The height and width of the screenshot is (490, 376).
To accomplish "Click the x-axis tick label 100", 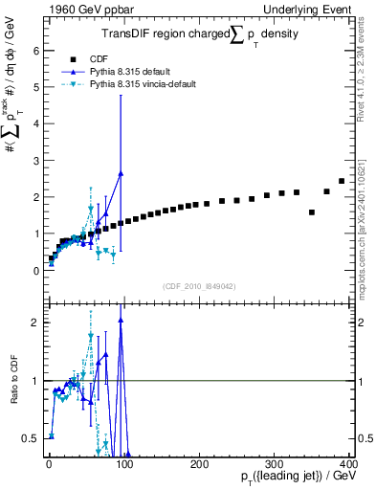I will tap(122, 462).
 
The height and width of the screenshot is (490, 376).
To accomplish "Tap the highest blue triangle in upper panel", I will tap(121, 173).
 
